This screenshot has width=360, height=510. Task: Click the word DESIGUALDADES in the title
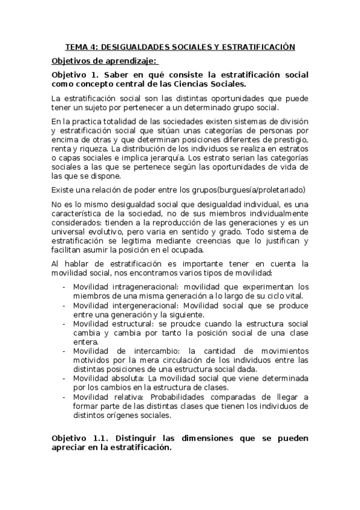click(130, 46)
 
